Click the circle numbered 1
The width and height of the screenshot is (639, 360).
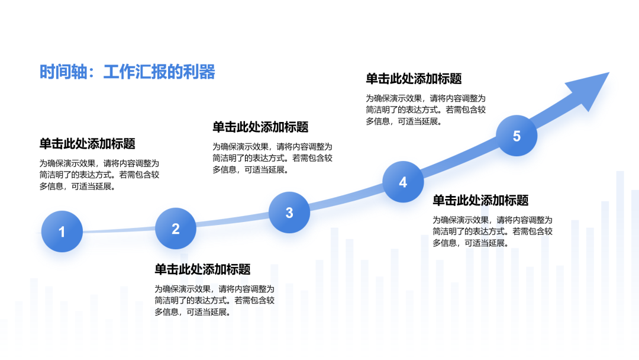click(x=62, y=231)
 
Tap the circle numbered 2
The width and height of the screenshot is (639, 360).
click(x=176, y=229)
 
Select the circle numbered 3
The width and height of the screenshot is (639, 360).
click(x=289, y=213)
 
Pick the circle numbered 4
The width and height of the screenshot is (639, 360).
click(x=403, y=182)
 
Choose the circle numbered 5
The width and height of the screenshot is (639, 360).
click(x=517, y=136)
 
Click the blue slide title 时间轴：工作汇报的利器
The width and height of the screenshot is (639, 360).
click(x=127, y=72)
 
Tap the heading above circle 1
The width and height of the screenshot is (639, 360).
click(x=87, y=143)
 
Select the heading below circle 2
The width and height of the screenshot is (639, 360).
click(x=202, y=269)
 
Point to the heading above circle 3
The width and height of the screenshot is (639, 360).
click(x=260, y=127)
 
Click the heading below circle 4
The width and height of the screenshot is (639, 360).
click(x=480, y=200)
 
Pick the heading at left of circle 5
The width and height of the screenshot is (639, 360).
click(x=414, y=78)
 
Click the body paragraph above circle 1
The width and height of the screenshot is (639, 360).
click(x=99, y=175)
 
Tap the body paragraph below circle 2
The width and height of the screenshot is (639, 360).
click(x=215, y=300)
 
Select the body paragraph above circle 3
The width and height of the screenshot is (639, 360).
click(x=273, y=158)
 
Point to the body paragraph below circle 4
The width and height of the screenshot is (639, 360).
click(x=493, y=232)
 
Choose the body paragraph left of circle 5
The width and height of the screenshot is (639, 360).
click(x=426, y=110)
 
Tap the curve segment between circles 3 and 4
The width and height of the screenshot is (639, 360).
click(x=346, y=199)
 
